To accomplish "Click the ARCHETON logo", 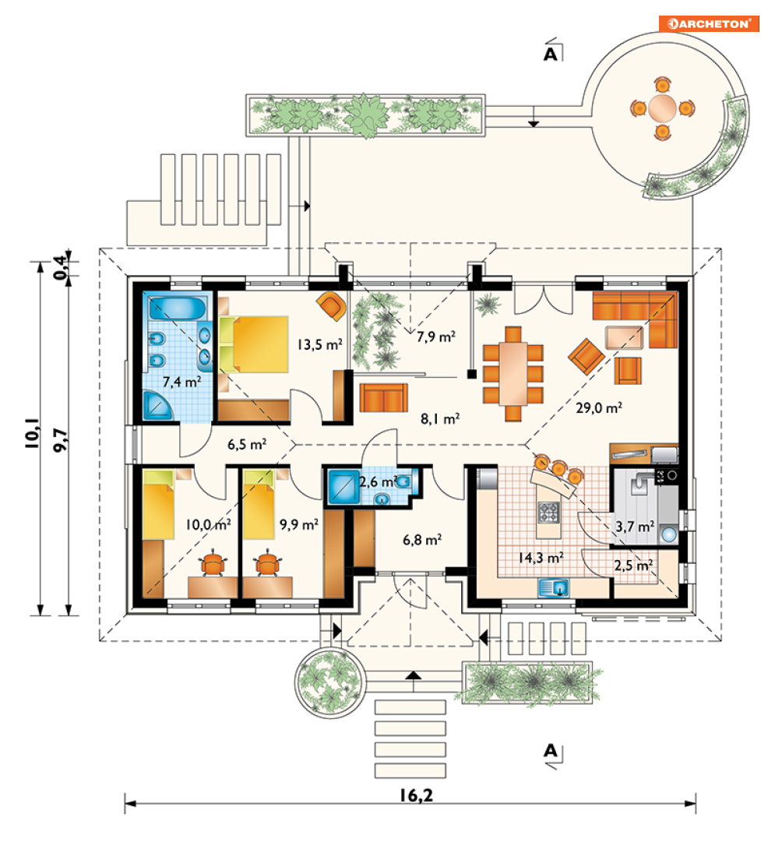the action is pos(709,23).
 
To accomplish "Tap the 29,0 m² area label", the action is pos(599,407).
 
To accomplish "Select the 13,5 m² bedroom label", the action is pos(320,344).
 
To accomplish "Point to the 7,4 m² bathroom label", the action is pos(181,382).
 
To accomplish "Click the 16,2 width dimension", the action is pos(417,795).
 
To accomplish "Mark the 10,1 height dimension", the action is pos(32,432).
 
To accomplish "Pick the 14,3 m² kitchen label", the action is pos(541,557).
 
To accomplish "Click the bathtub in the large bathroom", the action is pos(178,308).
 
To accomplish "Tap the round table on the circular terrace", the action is pos(662,108).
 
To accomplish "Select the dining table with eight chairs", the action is pos(513,373).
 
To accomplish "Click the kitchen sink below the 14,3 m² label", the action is pos(553,587).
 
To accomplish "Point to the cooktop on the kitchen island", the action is pos(549,512).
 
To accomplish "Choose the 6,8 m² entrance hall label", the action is pos(422,540).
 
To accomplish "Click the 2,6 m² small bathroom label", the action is pos(379,481).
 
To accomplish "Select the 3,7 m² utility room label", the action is pos(635,526).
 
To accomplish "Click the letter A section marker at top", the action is pos(550,54).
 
